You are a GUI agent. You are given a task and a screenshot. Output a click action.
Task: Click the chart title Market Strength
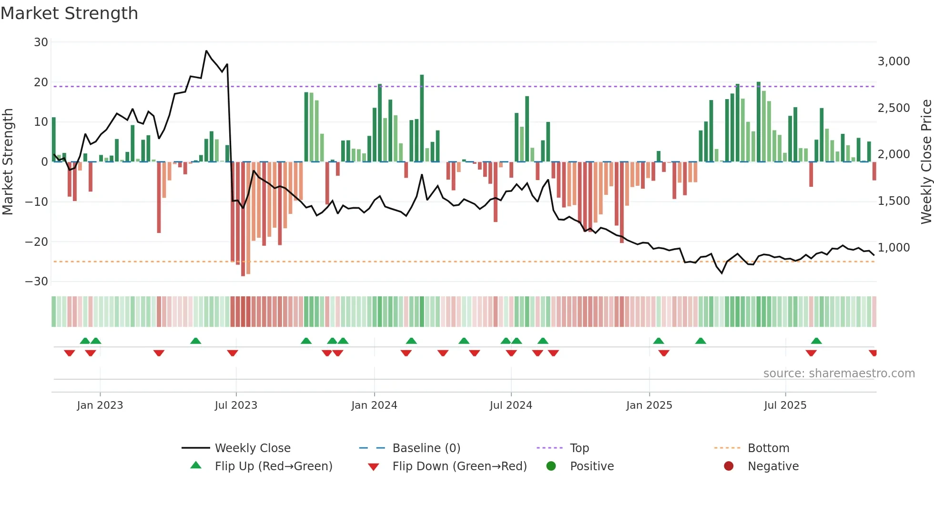tap(69, 13)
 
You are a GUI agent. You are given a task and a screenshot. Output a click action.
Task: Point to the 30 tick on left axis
tap(41, 42)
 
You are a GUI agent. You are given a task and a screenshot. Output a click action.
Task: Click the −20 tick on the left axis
tap(37, 242)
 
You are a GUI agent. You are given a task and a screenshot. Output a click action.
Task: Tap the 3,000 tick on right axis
tap(893, 61)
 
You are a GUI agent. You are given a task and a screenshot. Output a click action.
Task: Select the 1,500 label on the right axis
tap(893, 201)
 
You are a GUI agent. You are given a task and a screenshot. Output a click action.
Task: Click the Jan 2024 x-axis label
tap(374, 405)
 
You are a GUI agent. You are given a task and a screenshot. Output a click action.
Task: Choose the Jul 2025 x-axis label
tap(785, 405)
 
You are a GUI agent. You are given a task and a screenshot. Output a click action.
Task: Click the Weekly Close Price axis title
tap(926, 162)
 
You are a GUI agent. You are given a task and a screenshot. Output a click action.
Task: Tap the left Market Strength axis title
tap(8, 162)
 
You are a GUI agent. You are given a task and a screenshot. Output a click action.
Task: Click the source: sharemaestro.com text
tap(839, 374)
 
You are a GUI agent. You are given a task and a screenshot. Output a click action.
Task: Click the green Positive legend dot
tap(551, 466)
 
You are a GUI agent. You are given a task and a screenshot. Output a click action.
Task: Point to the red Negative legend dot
tap(729, 466)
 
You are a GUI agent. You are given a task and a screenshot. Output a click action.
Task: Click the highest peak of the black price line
tap(206, 50)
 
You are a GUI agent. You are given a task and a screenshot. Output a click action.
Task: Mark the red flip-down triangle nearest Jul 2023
tap(233, 353)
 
